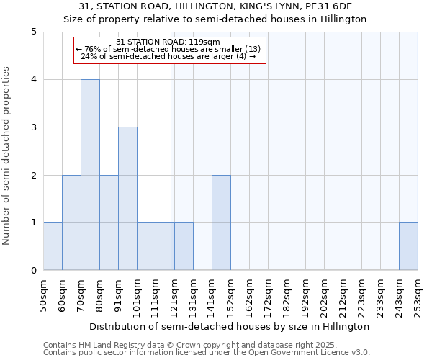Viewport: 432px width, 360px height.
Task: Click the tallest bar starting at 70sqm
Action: coord(90,175)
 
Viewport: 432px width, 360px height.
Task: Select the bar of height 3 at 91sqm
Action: coord(127,199)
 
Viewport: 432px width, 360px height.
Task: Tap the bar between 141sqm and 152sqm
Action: coord(221,222)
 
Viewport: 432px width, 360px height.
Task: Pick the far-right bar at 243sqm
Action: coord(408,246)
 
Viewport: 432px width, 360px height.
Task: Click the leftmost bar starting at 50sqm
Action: coord(53,246)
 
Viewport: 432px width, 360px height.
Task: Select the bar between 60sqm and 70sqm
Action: coord(71,222)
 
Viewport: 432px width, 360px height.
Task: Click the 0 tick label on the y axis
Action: coord(33,271)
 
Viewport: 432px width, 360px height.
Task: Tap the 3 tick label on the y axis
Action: coord(33,127)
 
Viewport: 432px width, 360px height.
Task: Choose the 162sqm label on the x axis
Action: coord(249,296)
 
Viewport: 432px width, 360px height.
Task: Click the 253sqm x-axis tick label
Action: coord(418,296)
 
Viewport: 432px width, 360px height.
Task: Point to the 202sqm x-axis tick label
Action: coord(324,296)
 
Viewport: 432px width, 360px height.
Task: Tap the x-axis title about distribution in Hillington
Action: coord(230,326)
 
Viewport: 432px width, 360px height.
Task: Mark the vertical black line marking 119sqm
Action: coord(171,180)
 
